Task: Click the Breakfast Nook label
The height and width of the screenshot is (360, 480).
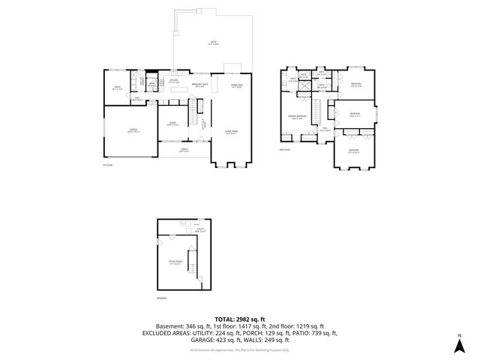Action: [x=199, y=85]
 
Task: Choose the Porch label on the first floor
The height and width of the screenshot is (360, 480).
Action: [x=182, y=149]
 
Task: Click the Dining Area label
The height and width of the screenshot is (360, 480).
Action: [x=234, y=85]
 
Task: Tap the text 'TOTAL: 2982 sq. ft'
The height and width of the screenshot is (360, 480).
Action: [x=240, y=319]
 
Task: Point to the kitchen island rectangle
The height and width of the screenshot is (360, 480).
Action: [x=179, y=88]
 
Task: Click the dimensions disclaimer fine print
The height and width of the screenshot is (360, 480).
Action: [x=240, y=349]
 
